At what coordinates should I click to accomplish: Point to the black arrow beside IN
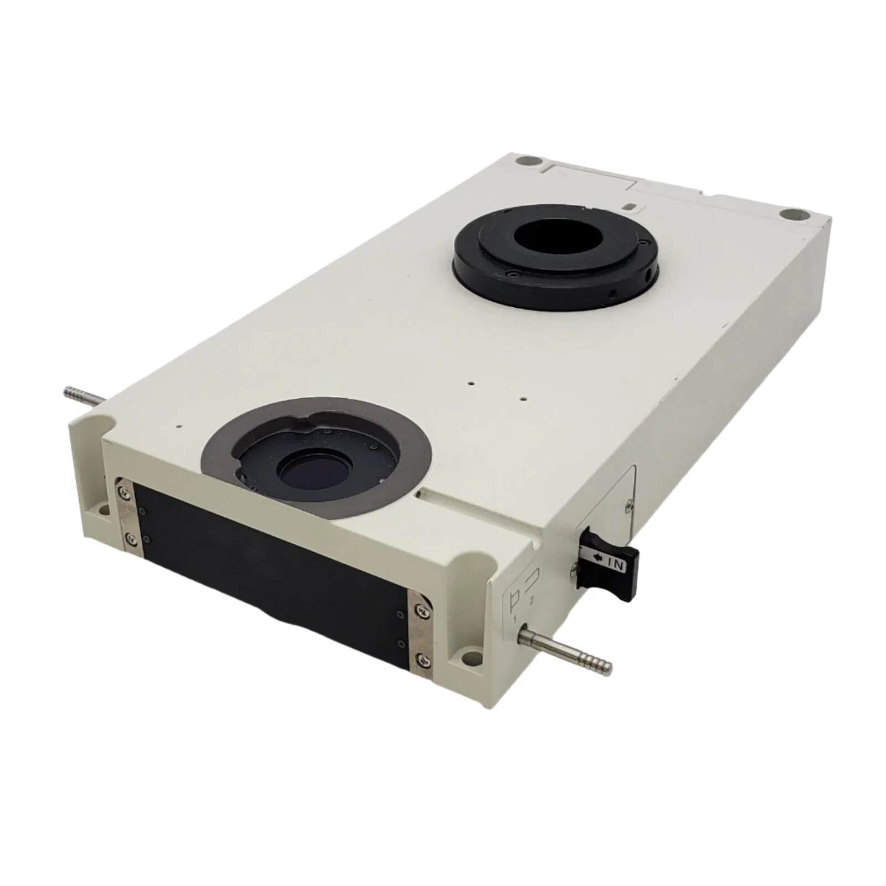click(597, 559)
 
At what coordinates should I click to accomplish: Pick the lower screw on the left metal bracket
click(129, 537)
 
